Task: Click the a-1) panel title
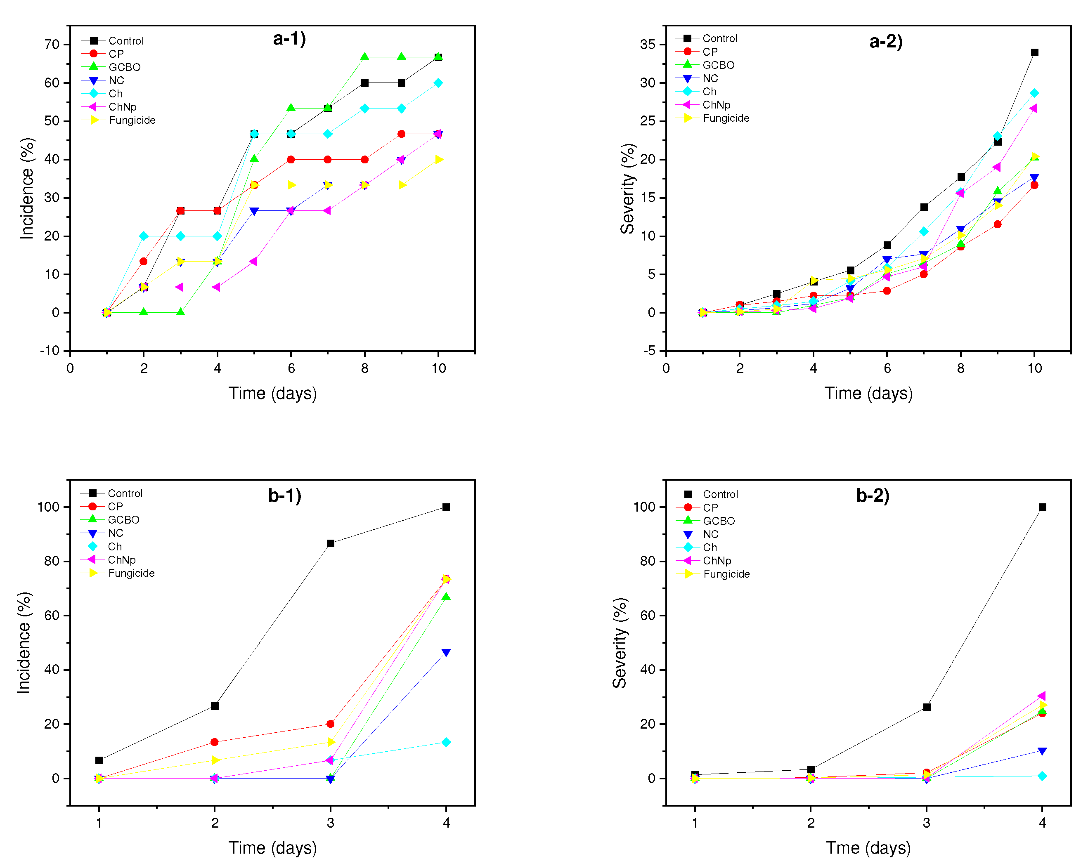289,39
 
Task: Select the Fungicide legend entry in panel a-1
132,120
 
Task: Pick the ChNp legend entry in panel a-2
716,105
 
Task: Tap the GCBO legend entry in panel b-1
123,519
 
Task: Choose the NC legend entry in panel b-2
710,534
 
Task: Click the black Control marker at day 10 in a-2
1034,52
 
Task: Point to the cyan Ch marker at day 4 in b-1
446,742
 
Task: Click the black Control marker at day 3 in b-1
331,543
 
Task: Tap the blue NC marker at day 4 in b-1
446,653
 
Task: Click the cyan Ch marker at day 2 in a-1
144,236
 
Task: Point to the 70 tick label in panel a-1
52,45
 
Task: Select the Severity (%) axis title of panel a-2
627,189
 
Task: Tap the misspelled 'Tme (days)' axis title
868,847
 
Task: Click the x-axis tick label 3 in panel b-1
331,823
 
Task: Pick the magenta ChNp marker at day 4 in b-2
1042,696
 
